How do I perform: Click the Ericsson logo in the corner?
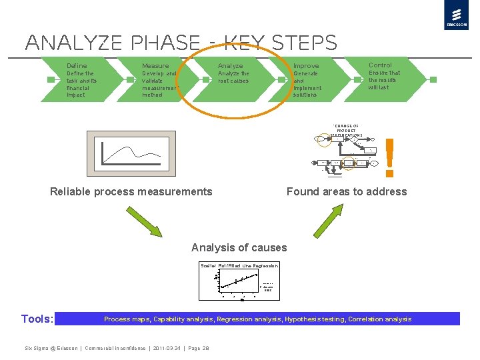click(456, 15)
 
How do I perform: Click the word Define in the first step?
click(77, 66)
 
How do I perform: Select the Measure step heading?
click(155, 66)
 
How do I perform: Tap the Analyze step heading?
click(230, 66)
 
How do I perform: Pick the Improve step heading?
click(306, 66)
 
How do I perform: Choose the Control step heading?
click(380, 65)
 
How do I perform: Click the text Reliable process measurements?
click(131, 192)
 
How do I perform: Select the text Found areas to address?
click(347, 192)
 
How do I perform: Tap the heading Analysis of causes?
click(239, 248)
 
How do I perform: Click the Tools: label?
click(37, 319)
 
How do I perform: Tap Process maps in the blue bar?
click(127, 319)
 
